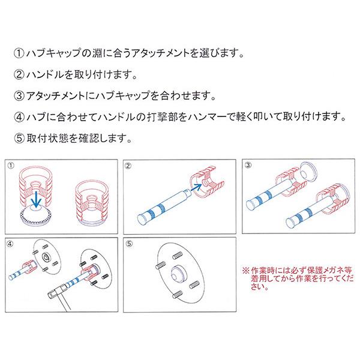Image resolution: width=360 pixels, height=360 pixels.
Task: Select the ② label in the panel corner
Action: point(127,164)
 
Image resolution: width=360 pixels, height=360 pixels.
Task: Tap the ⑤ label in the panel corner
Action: point(127,242)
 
